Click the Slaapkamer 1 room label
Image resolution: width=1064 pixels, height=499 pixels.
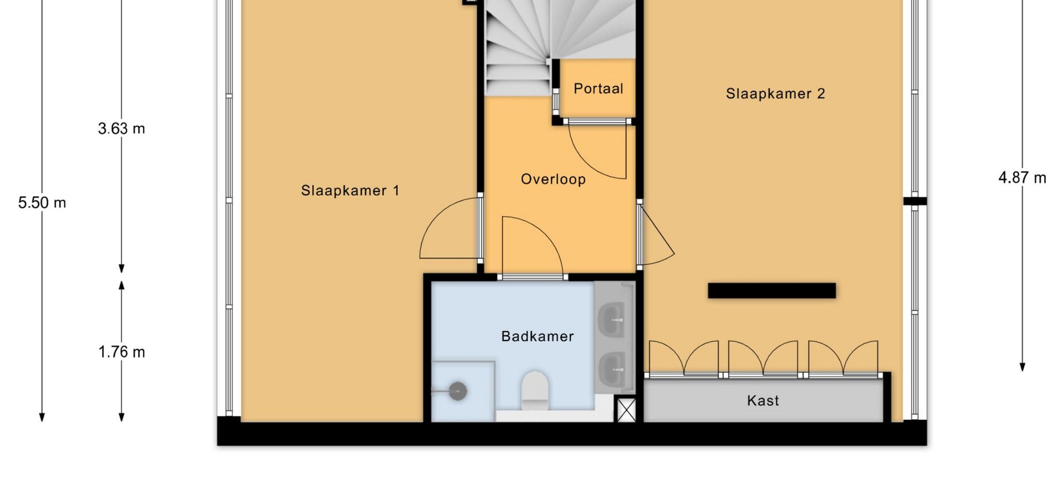350,191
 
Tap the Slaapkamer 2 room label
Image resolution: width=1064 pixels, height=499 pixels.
775,94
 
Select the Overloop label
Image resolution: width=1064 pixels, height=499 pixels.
553,180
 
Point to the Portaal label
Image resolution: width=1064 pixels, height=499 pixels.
598,89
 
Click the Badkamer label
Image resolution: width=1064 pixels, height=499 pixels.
537,337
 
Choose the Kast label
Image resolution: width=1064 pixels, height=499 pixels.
763,400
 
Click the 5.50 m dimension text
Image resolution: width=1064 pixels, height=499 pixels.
42,203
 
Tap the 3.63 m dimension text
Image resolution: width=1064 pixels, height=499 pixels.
121,129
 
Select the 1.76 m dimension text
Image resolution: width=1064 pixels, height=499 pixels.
122,352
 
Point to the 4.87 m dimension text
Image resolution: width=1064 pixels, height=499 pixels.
1022,178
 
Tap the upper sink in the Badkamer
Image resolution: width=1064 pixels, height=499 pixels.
612,319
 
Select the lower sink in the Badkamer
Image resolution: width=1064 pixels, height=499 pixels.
612,366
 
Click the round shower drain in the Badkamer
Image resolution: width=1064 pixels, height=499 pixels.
458,391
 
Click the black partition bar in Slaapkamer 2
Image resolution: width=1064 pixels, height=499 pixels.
771,291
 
